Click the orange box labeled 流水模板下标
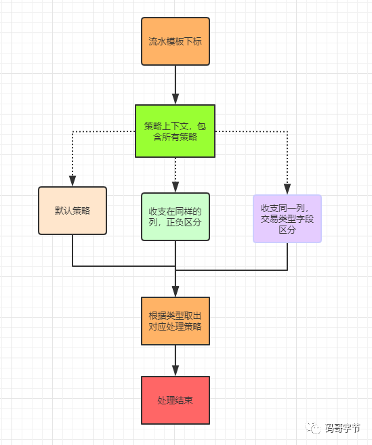click(x=175, y=41)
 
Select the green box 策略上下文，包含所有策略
click(x=175, y=131)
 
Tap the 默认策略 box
click(x=73, y=211)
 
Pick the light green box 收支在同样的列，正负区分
click(x=175, y=216)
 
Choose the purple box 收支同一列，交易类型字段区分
click(x=287, y=219)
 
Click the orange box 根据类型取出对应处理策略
click(x=175, y=321)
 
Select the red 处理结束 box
click(x=175, y=400)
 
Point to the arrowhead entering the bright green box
click(x=175, y=99)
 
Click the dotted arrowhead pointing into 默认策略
click(x=73, y=181)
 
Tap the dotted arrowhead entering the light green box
click(x=175, y=187)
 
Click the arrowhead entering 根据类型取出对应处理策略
click(x=175, y=291)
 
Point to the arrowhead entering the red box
click(x=175, y=370)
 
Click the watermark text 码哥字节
click(x=343, y=428)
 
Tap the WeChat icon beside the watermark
click(x=314, y=428)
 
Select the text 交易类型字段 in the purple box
click(x=287, y=219)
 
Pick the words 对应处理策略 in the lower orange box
click(x=175, y=327)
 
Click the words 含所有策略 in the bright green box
click(x=175, y=137)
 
